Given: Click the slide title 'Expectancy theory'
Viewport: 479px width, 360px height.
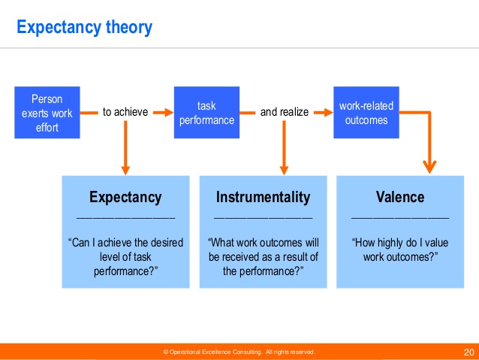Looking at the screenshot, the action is click(x=84, y=28).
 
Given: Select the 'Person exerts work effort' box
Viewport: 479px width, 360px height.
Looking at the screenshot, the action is click(x=47, y=113).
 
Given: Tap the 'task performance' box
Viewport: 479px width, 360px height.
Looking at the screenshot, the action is click(x=206, y=113).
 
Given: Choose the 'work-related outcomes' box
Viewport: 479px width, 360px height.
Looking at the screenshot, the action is click(x=366, y=113).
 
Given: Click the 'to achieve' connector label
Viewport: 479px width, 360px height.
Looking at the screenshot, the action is click(x=125, y=112).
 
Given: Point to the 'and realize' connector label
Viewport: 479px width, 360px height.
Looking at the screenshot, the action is click(x=285, y=112).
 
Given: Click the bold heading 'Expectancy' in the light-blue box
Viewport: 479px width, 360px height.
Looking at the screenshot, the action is click(x=125, y=197).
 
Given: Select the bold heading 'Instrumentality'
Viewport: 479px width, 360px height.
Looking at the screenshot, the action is click(x=264, y=197).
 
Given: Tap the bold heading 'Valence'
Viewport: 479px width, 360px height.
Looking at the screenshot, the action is click(x=400, y=197).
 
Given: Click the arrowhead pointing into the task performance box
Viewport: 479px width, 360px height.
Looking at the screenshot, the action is click(x=169, y=113).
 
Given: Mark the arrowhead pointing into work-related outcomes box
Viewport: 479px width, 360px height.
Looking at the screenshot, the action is click(x=328, y=113).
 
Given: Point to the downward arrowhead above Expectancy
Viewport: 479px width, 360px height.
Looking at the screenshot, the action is click(x=125, y=171).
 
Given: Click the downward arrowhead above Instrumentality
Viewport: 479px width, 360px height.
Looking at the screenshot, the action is click(x=284, y=171).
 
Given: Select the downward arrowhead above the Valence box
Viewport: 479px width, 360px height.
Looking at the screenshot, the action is click(x=429, y=168).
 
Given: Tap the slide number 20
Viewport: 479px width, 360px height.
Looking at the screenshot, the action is click(x=469, y=352).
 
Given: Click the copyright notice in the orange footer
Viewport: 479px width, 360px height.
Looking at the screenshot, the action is click(x=239, y=352).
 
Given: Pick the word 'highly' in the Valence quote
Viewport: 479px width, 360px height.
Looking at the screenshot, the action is click(x=392, y=244).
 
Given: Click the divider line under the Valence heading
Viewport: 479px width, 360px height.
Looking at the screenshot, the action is click(x=400, y=218).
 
